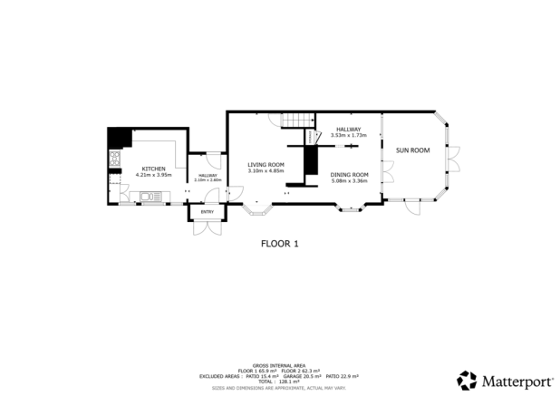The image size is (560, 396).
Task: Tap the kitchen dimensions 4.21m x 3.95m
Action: click(x=152, y=175)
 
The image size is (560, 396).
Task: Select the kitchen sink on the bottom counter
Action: click(x=145, y=197)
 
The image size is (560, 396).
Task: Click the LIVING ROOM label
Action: click(x=266, y=165)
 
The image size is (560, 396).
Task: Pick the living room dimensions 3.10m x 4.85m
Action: click(x=266, y=171)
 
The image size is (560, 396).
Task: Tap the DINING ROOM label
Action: click(x=349, y=174)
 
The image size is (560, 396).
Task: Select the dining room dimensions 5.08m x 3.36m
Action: click(x=349, y=180)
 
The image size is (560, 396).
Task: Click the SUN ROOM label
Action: click(x=412, y=150)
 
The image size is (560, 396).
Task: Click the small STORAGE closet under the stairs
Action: click(x=310, y=160)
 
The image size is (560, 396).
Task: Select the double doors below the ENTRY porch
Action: click(x=208, y=227)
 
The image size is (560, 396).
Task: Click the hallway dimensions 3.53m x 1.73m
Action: click(x=348, y=136)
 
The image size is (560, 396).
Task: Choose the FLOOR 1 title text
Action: click(x=279, y=243)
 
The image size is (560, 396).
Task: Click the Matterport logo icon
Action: click(x=467, y=379)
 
